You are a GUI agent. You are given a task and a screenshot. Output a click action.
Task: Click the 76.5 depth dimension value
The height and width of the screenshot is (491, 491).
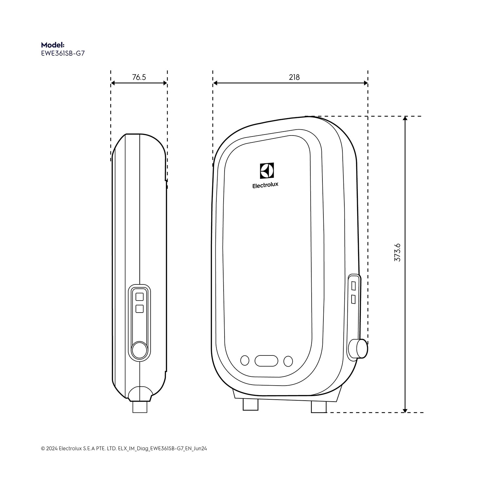tap(139, 77)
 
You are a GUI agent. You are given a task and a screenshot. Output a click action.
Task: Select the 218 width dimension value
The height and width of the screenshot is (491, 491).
tap(294, 77)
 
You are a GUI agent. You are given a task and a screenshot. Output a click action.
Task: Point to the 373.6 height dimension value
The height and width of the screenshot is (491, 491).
tap(397, 252)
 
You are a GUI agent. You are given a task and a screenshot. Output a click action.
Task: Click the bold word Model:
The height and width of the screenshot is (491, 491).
tap(53, 45)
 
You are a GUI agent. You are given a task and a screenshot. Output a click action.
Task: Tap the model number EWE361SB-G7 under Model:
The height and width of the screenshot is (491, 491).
tap(63, 53)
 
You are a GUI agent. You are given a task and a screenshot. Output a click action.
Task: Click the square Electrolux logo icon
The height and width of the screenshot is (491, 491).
tap(267, 171)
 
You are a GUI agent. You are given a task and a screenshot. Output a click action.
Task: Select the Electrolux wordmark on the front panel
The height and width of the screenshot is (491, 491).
tap(265, 185)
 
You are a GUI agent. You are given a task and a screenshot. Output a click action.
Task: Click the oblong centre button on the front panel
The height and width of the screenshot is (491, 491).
tap(266, 361)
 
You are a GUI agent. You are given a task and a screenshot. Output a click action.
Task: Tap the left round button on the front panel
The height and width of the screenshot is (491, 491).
tap(245, 361)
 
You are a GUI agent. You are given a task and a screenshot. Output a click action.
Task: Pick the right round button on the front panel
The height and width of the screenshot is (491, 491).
tap(288, 361)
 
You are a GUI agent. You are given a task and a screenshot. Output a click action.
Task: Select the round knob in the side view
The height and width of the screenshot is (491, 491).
tap(139, 350)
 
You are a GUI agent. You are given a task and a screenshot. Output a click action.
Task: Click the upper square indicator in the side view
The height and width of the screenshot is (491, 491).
tap(139, 297)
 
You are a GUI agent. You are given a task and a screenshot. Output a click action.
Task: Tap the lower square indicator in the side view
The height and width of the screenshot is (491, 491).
tap(139, 309)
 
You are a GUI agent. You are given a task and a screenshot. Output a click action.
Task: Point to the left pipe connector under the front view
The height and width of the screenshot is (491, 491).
tap(250, 406)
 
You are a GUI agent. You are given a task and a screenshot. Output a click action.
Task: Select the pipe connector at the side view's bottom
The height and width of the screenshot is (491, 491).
tap(140, 407)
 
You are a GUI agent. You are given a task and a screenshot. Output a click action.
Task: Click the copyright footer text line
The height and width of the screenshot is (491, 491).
tap(124, 448)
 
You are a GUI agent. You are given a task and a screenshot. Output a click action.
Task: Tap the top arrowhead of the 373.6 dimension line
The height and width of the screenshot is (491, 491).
tap(405, 119)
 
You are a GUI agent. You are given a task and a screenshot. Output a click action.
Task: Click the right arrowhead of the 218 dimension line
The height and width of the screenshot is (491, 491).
tap(365, 83)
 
